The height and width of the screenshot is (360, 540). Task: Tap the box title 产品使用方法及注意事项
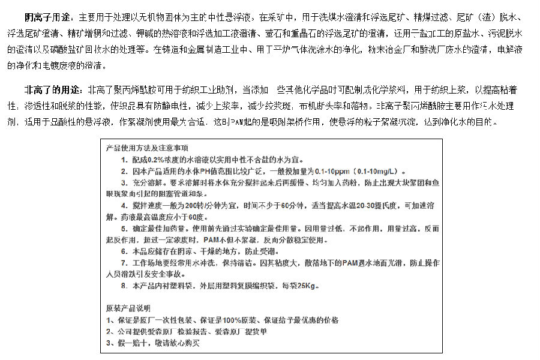(x=146, y=148)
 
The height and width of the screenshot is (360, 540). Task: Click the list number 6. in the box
(x=124, y=251)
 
